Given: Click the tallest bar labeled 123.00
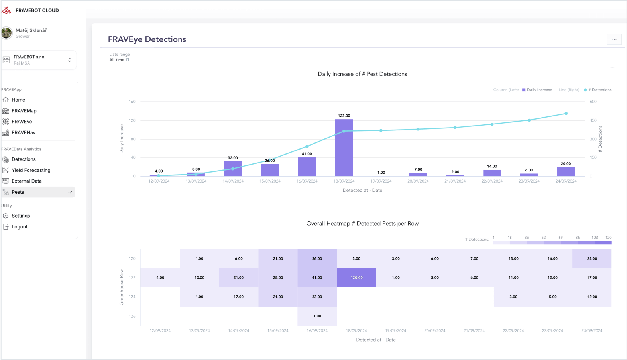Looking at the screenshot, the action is tap(344, 148).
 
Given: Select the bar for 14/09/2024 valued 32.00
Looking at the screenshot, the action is tap(233, 169).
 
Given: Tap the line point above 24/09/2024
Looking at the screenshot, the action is tap(566, 114).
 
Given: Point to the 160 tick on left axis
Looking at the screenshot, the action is tap(132, 102).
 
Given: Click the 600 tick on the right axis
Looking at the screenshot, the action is tap(593, 102).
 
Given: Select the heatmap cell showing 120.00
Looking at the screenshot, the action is tap(356, 277).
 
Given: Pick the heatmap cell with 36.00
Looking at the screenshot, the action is tap(317, 258).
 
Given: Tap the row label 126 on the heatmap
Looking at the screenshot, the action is tap(132, 316).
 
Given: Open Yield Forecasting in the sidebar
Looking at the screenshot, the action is tap(31, 170).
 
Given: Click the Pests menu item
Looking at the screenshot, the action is tap(18, 192).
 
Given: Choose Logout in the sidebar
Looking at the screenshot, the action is tap(20, 227).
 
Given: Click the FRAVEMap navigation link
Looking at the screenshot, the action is tap(24, 111).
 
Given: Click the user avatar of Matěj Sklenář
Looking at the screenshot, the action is tap(7, 33).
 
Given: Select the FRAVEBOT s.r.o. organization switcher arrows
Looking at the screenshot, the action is tap(70, 60).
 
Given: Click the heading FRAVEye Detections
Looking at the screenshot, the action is tap(147, 39).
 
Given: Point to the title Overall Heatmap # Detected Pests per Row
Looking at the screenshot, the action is tap(362, 224).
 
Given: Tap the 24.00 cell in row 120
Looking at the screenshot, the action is tap(592, 258).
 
